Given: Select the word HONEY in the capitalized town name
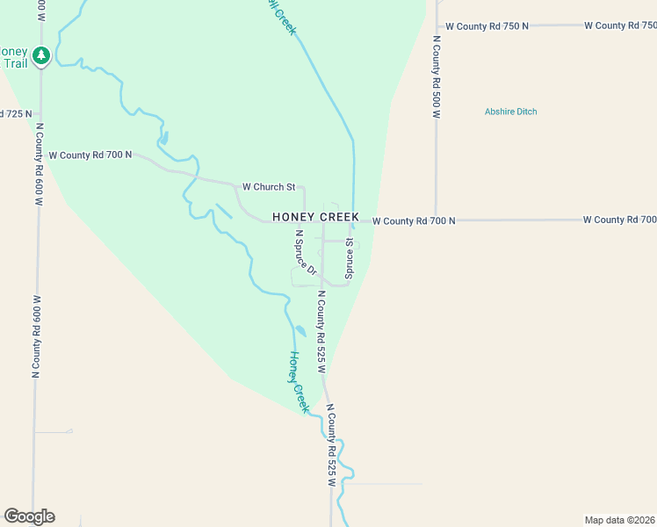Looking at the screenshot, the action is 292,217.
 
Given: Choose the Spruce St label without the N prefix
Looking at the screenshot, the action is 349,259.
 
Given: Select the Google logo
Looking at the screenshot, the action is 29,516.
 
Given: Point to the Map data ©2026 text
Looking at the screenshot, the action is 620,519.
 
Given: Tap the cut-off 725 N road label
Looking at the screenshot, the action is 16,114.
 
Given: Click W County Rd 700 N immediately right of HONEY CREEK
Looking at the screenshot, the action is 414,221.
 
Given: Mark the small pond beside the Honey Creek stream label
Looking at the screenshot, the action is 300,331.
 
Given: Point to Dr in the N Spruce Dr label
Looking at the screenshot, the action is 311,270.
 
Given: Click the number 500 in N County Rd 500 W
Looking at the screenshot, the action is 436,100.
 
